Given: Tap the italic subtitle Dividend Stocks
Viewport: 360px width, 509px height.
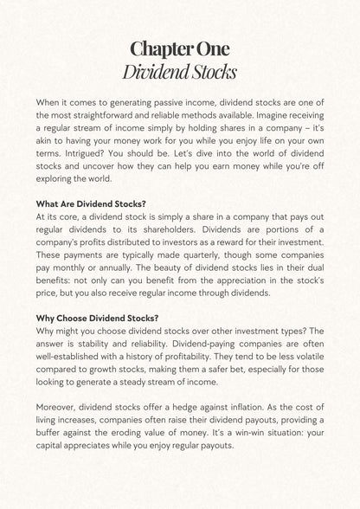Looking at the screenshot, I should (x=180, y=69).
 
